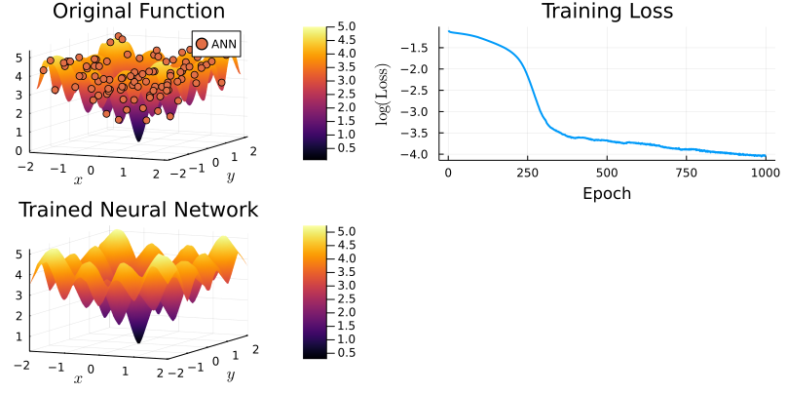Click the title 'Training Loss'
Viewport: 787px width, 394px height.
pyautogui.click(x=607, y=12)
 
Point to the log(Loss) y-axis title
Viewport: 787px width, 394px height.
pyautogui.click(x=384, y=96)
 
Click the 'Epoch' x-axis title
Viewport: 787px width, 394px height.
pyautogui.click(x=606, y=193)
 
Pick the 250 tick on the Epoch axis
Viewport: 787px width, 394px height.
pyautogui.click(x=527, y=173)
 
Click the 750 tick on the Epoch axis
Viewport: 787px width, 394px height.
pyautogui.click(x=686, y=173)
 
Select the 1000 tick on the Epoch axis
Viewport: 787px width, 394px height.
pyautogui.click(x=765, y=173)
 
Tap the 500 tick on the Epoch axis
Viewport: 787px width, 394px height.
pyautogui.click(x=607, y=173)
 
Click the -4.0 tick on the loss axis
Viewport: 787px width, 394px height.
pyautogui.click(x=419, y=154)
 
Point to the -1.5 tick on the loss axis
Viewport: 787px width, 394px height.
pyautogui.click(x=419, y=47)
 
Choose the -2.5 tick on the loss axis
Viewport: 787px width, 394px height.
pyautogui.click(x=419, y=90)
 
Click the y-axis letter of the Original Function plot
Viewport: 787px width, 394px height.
pyautogui.click(x=230, y=177)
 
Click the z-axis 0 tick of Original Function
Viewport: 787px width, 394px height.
pyautogui.click(x=19, y=150)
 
